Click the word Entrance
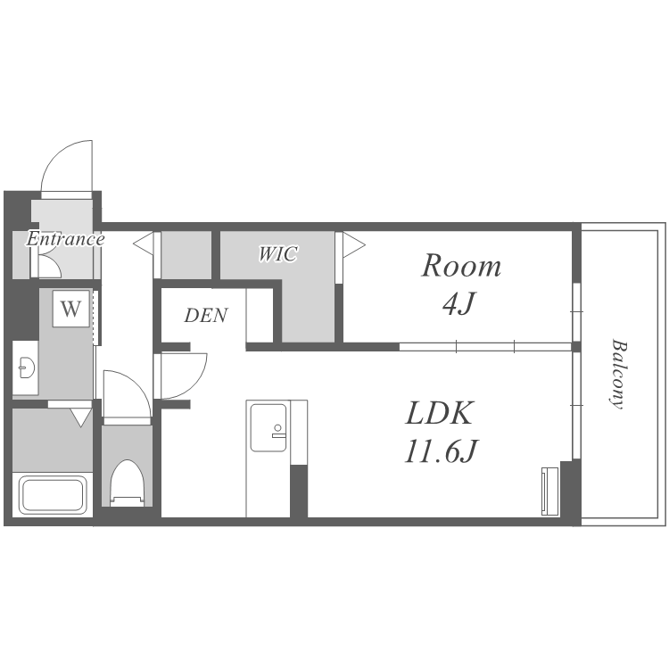click(65, 238)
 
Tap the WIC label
click(277, 254)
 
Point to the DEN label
click(206, 315)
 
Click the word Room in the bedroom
click(461, 266)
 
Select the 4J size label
click(458, 304)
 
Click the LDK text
click(440, 413)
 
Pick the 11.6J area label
click(442, 451)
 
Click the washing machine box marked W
click(71, 309)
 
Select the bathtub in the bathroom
click(53, 495)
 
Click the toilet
click(128, 483)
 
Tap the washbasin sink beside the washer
click(26, 368)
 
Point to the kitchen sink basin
click(268, 427)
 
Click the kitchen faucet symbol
click(278, 432)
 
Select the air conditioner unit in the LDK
click(550, 491)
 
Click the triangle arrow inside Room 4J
click(354, 245)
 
